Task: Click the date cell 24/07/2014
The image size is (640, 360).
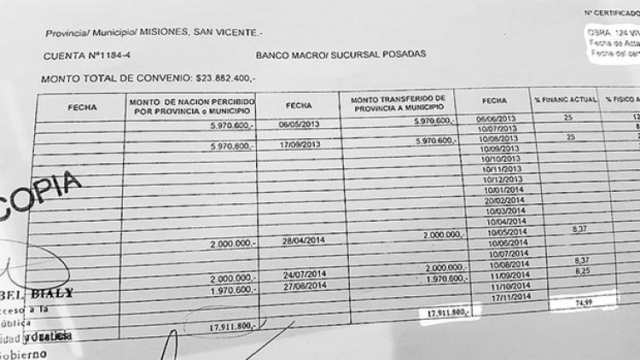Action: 304,275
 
